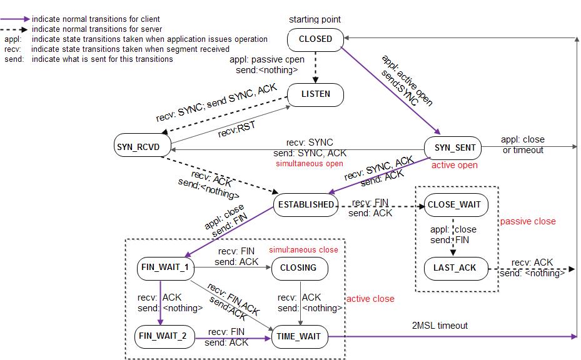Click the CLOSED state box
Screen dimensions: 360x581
point(316,39)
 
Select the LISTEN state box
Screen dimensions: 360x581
point(316,94)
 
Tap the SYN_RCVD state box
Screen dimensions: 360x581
point(138,147)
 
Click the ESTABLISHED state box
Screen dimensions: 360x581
point(306,204)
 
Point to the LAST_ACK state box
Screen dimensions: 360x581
point(454,267)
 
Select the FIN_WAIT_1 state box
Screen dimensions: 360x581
point(165,268)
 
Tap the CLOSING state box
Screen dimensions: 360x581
point(298,268)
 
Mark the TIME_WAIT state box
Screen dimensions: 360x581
point(299,336)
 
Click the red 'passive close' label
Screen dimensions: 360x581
point(528,221)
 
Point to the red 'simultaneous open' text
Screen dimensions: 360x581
point(310,164)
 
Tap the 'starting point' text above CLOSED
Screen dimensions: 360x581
point(315,19)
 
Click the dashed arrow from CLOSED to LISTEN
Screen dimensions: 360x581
point(316,66)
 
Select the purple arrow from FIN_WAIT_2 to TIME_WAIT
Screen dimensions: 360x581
point(232,337)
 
